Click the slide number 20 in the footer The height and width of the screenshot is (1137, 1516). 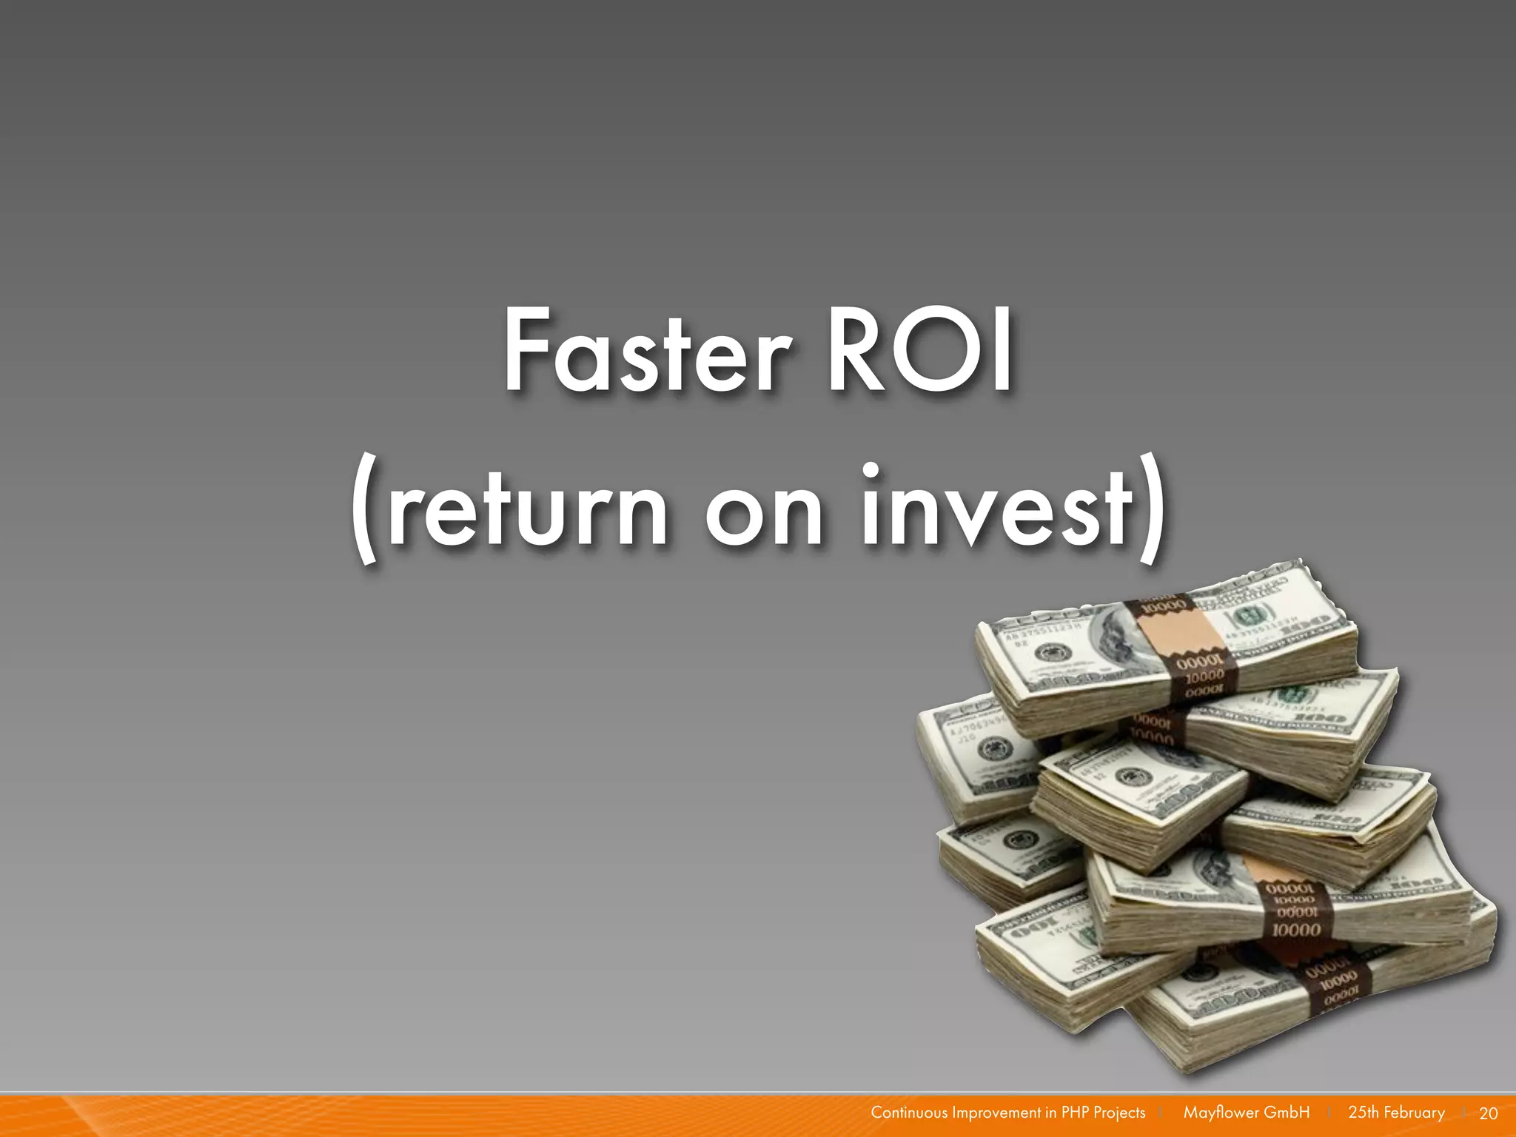[1488, 1113]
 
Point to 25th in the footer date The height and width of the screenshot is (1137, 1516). [1363, 1113]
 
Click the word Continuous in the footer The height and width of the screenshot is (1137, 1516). [909, 1113]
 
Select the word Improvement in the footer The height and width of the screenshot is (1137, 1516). [996, 1113]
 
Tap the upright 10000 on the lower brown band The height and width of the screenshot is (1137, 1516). [1295, 930]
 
